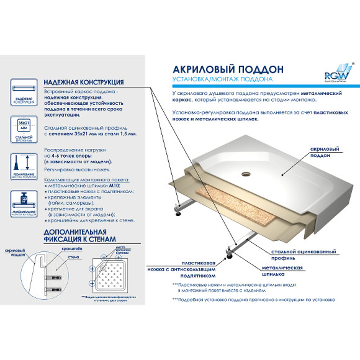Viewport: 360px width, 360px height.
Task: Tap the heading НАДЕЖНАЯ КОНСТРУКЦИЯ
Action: [x=83, y=82]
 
